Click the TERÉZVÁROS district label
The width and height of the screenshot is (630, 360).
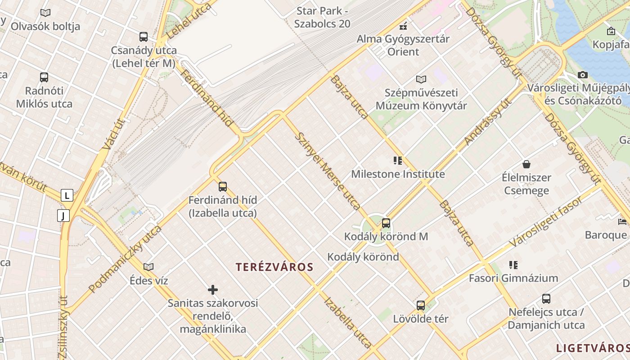[x=274, y=267]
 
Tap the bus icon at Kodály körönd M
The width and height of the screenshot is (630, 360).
[x=386, y=223]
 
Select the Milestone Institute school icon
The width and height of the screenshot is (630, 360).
[x=397, y=161]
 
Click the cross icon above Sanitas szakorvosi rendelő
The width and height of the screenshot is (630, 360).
[x=213, y=289]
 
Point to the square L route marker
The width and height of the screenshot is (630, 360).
[x=67, y=195]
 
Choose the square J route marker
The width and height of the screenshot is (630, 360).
[x=63, y=216]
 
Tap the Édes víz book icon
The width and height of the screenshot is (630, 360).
[x=148, y=267]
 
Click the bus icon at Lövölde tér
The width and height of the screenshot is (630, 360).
[x=421, y=306]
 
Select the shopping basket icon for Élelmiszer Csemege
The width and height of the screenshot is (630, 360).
[x=526, y=164]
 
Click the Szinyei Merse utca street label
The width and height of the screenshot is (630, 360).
[x=327, y=171]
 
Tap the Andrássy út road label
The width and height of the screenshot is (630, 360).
[x=488, y=122]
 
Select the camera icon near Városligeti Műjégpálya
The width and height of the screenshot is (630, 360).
[x=583, y=75]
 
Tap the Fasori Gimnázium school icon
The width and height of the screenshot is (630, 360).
[x=513, y=265]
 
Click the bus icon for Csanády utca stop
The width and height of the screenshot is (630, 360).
[x=143, y=36]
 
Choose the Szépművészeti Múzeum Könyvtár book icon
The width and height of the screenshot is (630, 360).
[x=421, y=79]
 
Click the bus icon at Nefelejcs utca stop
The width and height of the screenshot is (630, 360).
[x=546, y=298]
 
